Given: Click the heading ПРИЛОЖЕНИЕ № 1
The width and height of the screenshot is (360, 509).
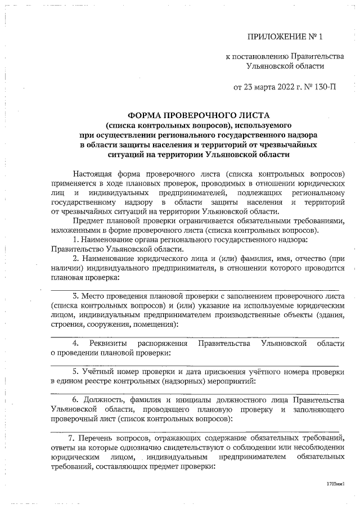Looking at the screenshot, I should [286, 38].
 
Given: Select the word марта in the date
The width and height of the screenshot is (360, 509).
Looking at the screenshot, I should [265, 88].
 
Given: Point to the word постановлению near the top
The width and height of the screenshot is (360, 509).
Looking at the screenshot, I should [259, 56].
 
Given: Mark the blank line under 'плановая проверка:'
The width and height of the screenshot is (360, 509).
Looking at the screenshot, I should [194, 288].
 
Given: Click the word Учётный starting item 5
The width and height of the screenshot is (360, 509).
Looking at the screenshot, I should [99, 372].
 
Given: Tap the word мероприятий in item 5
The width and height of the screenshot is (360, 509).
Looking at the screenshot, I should [227, 382].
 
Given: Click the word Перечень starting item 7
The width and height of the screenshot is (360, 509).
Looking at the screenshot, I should [95, 438].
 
